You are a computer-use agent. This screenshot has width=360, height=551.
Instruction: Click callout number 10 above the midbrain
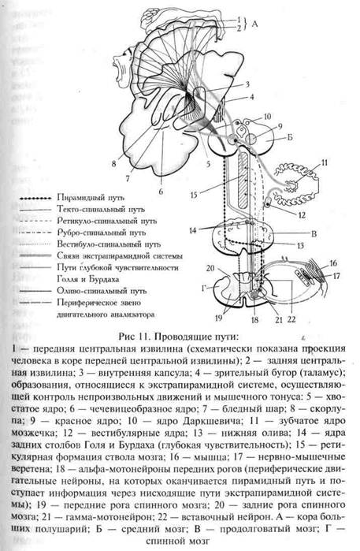click(268, 115)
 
